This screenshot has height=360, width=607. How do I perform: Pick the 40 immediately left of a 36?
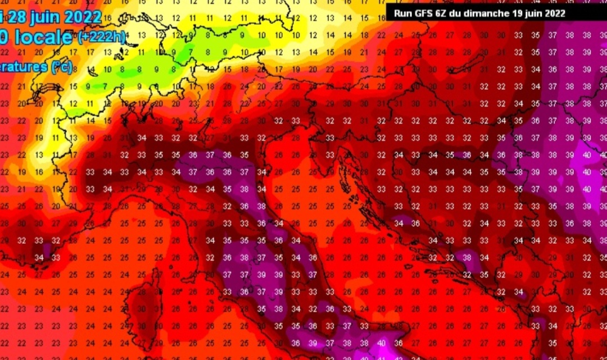coord(382,343)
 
